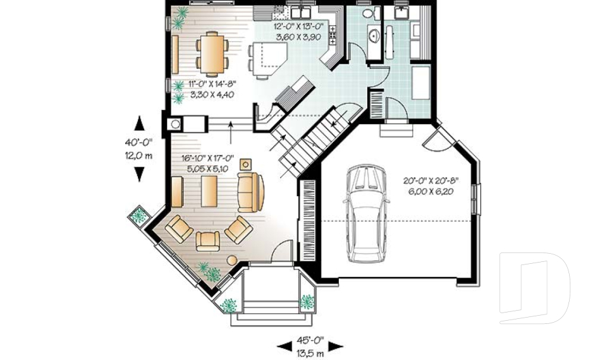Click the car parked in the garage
pyautogui.click(x=366, y=213)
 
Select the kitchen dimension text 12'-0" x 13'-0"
pyautogui.click(x=298, y=32)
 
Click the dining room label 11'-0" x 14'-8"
pyautogui.click(x=209, y=90)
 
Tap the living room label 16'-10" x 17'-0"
pyautogui.click(x=209, y=163)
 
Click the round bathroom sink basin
pyautogui.click(x=374, y=37)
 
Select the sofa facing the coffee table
pyautogui.click(x=250, y=191)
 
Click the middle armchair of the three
pyautogui.click(x=208, y=241)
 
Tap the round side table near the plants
pyautogui.click(x=231, y=259)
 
